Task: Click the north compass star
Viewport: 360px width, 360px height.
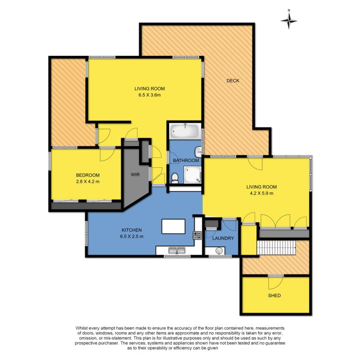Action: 289,21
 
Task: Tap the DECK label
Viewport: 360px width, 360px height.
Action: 233,81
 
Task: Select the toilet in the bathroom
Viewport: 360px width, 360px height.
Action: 175,178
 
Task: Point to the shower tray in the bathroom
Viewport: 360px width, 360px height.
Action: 193,175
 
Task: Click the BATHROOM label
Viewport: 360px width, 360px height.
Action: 186,160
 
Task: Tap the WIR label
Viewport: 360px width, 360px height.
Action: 135,175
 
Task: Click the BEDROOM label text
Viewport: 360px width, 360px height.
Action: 88,175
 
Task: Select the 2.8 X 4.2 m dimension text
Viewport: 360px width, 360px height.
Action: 88,181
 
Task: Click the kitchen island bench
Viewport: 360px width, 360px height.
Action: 173,226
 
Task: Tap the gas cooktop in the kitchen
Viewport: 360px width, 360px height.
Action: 197,235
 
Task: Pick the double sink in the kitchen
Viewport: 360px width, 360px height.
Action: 177,250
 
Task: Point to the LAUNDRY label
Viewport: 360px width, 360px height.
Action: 223,238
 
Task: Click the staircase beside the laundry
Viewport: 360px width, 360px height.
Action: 276,247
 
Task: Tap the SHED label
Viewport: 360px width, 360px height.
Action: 274,296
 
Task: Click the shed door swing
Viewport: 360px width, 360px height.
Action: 275,283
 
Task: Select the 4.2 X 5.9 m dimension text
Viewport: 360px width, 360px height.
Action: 261,193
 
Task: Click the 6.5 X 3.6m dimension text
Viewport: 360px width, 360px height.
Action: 149,95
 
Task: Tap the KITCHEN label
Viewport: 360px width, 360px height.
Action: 131,230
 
